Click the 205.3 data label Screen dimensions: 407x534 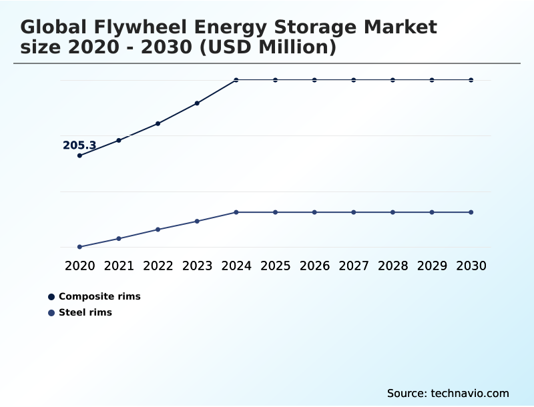(x=79, y=145)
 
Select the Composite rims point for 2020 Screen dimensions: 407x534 (x=79, y=155)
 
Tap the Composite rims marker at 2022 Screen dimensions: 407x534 (x=158, y=123)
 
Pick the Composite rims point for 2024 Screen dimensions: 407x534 (x=236, y=80)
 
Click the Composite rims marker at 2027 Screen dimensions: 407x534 (x=354, y=80)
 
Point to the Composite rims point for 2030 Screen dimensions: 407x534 (x=471, y=80)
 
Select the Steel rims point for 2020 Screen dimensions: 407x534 (x=79, y=247)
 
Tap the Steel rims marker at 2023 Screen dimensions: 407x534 (x=197, y=221)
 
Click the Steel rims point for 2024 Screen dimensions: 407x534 (x=236, y=212)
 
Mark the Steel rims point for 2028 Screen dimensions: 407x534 (x=392, y=212)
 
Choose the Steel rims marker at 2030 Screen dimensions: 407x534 (x=471, y=212)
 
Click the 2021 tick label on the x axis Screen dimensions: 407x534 (x=119, y=266)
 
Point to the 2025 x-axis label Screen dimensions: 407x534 (x=275, y=266)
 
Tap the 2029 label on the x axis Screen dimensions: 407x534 (x=432, y=266)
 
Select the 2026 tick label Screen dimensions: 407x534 (x=314, y=266)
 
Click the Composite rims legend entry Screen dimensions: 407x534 (x=99, y=296)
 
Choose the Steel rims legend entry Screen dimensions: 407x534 (x=85, y=312)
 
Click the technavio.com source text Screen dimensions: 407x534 (x=469, y=393)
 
